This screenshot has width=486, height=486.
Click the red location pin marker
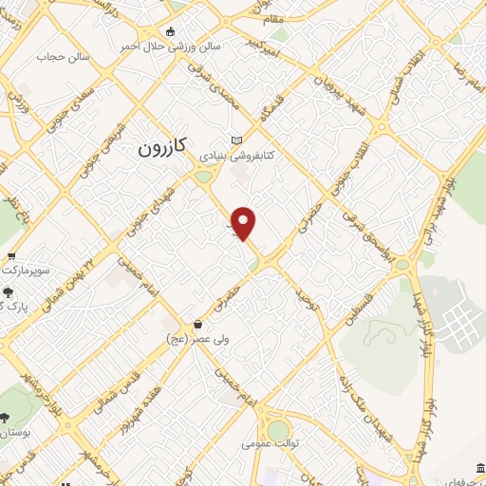(245, 223)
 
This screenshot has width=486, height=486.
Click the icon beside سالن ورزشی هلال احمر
(170, 31)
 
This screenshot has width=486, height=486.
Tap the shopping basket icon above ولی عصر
(197, 324)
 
